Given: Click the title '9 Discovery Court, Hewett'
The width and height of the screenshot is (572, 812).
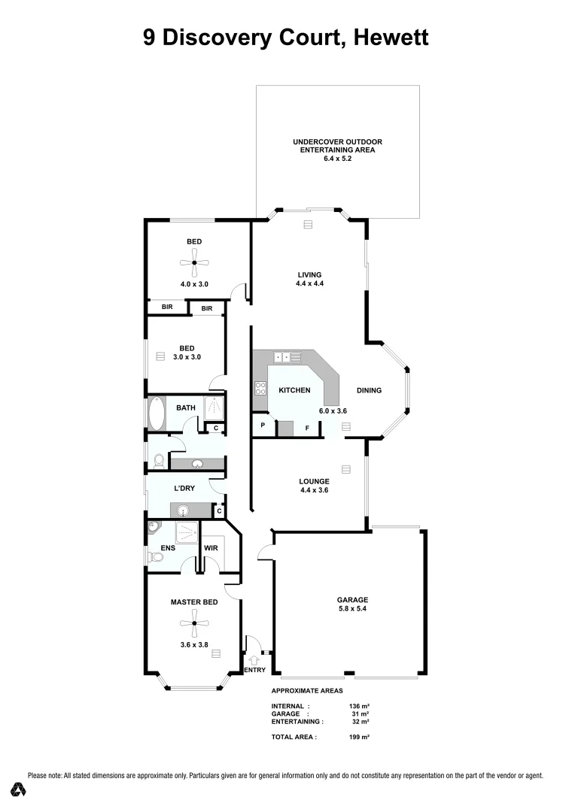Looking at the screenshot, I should [286, 38].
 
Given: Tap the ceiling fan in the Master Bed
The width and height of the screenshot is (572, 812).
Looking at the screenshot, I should [194, 623].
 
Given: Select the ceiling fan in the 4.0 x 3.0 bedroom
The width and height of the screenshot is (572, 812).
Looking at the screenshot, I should [194, 262].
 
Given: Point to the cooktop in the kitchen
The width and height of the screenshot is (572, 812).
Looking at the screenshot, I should [261, 389].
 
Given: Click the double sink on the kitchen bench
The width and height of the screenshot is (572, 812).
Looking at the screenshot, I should [287, 357].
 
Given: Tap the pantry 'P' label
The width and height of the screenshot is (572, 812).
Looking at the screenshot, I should [263, 426].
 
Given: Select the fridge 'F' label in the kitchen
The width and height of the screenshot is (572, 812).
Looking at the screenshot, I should [306, 429].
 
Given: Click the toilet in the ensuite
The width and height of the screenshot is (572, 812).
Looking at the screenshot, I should [157, 557].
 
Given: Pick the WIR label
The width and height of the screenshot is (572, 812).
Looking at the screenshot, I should [211, 549].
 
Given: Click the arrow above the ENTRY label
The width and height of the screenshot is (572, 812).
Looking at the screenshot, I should [253, 659].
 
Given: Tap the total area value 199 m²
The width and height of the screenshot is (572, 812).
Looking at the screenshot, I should [360, 738].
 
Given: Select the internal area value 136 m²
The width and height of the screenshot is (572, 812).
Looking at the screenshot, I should [360, 706].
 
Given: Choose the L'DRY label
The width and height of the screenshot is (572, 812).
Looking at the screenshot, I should [184, 489].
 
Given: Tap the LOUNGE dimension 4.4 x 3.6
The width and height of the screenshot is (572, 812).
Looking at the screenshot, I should [314, 490].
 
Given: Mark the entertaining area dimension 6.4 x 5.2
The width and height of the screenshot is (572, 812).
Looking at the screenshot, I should [338, 159].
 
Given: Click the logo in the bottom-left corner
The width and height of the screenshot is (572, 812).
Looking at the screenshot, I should [19, 789].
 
